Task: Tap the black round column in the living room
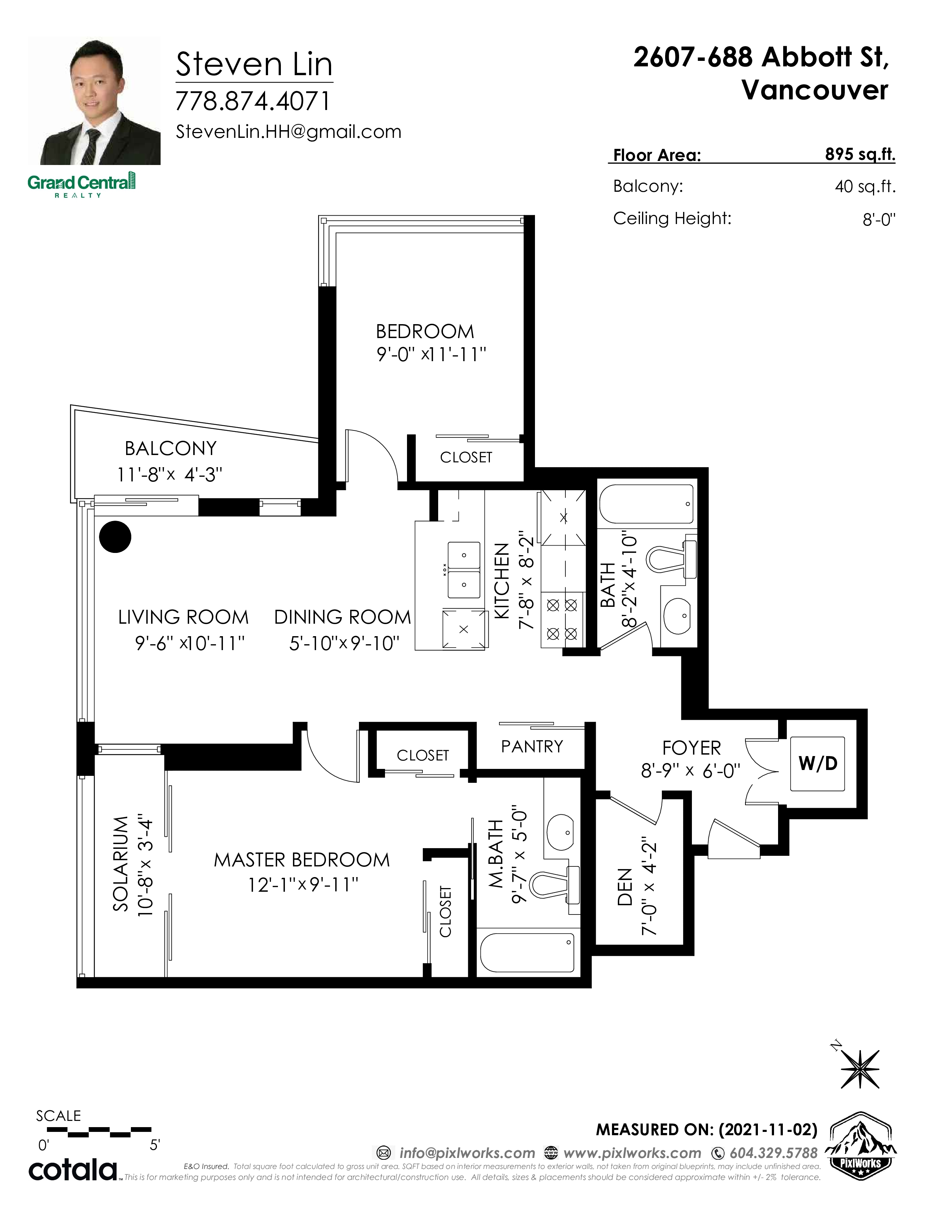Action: pyautogui.click(x=115, y=536)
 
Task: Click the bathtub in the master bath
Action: pyautogui.click(x=527, y=952)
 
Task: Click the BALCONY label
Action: pyautogui.click(x=170, y=448)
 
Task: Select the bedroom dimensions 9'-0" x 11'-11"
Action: pyautogui.click(x=432, y=355)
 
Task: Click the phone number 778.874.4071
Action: pyautogui.click(x=253, y=101)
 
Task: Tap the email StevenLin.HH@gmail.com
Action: pyautogui.click(x=288, y=132)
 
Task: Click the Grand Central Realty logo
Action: pyautogui.click(x=81, y=184)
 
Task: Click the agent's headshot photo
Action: pyautogui.click(x=94, y=101)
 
